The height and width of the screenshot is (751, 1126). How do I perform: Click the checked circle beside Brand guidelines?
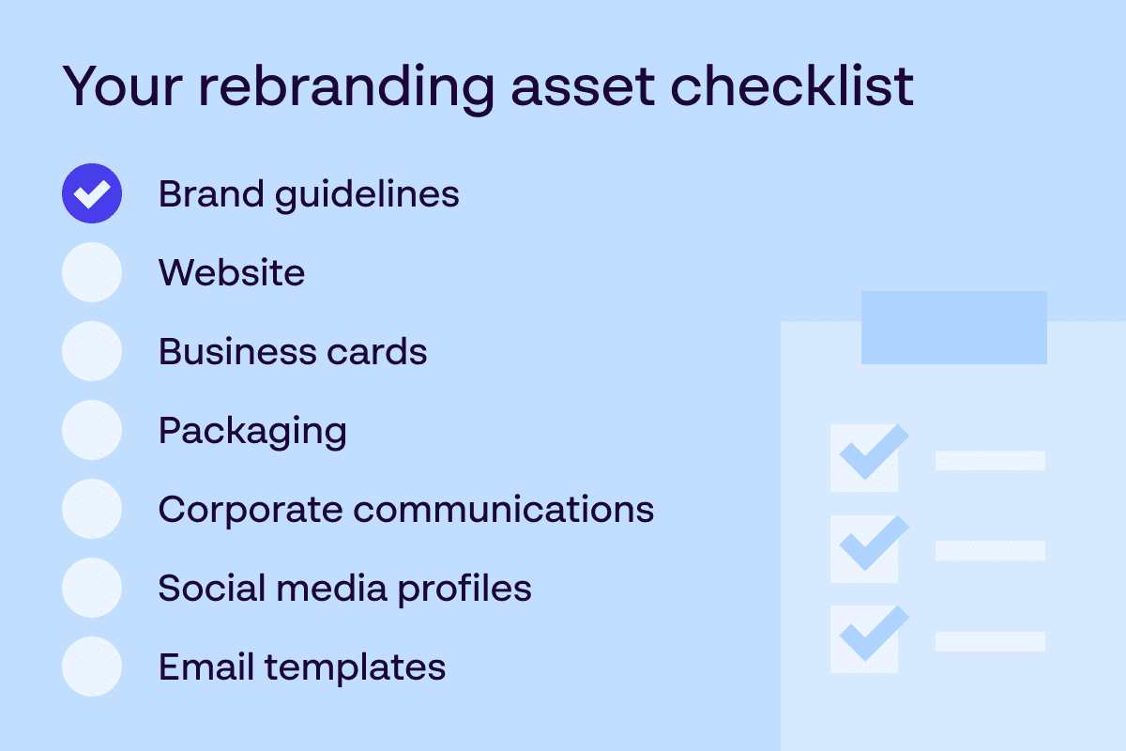point(92,193)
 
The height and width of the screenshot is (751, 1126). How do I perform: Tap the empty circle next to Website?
point(92,272)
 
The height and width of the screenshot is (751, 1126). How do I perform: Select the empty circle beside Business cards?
point(92,351)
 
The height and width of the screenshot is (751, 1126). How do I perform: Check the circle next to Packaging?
point(92,430)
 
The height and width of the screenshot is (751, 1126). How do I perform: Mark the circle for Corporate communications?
point(92,509)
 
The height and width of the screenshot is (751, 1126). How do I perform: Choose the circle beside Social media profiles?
point(92,588)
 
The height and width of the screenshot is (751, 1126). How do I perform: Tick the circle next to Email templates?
point(92,667)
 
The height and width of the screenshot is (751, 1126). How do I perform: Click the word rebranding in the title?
point(347,89)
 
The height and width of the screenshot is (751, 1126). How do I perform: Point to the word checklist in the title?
point(792,85)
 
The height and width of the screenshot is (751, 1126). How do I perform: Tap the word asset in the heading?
point(583,89)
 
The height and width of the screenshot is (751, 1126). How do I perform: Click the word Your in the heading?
point(122,86)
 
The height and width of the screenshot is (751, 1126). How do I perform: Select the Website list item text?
point(232,272)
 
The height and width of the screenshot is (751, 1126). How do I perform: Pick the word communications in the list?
point(504,509)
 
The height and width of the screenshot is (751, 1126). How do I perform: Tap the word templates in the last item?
point(356,669)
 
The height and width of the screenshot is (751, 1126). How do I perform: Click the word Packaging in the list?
point(252,433)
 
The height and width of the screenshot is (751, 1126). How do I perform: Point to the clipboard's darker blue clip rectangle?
point(954,328)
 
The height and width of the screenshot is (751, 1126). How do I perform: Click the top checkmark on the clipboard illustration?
point(874,452)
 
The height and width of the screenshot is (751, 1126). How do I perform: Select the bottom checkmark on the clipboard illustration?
point(874,634)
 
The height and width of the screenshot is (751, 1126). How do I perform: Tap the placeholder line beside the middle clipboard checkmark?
point(990,551)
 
